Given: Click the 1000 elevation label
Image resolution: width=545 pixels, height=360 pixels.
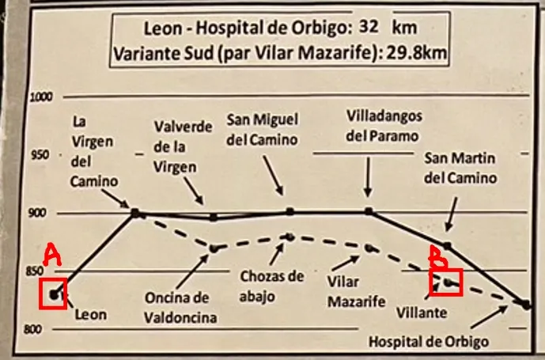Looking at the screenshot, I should coord(40,97).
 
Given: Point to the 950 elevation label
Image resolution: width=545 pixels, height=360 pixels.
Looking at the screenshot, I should coord(39,155).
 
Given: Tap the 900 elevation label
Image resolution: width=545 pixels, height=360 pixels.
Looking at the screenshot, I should coord(40,212).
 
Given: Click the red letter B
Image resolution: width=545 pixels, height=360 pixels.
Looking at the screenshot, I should coord(436,255).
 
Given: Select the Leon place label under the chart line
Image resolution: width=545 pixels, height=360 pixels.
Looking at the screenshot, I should coord(91,313).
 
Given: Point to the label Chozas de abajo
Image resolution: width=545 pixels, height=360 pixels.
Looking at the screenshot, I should coord(271,286).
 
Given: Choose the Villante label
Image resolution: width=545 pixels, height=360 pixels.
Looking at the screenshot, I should coord(422,313).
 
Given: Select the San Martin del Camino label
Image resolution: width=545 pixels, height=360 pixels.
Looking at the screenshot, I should coord(460,168).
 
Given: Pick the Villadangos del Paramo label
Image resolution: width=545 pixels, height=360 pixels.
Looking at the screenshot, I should coord(384,125).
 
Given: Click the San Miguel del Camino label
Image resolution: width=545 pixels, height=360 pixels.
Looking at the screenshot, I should coord(263,130).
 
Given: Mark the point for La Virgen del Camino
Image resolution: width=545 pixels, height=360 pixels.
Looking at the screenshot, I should coord(135,212).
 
